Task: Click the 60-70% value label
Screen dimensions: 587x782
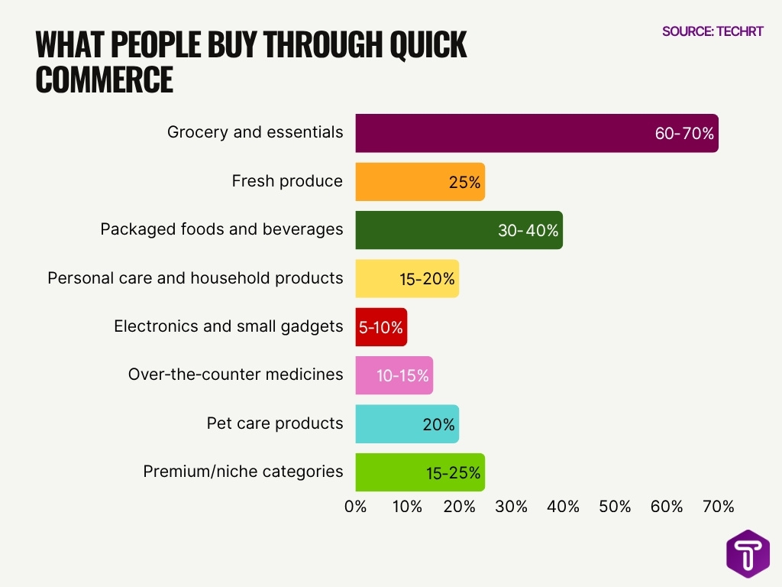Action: (684, 134)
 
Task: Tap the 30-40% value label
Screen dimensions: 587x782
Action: (528, 230)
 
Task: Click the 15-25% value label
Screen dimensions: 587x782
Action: (454, 473)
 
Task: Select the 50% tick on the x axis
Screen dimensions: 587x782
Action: (615, 506)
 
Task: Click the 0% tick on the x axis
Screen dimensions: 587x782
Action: (356, 506)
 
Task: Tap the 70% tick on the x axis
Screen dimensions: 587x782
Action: (719, 506)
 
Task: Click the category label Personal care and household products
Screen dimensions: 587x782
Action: (195, 278)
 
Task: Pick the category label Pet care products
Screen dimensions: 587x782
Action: (275, 423)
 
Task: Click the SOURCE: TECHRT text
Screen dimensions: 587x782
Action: (713, 31)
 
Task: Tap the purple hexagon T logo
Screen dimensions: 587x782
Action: (748, 553)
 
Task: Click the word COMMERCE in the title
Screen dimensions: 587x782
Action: (105, 79)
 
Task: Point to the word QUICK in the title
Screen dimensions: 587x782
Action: (428, 46)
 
